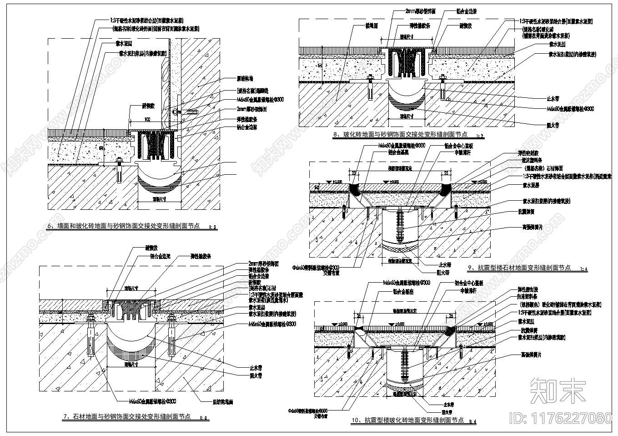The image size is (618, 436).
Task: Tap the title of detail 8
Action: (400, 135)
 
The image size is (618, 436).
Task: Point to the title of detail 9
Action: (519, 268)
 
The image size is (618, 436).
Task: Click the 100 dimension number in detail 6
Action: (147, 119)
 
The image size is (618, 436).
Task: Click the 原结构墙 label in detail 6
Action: (244, 79)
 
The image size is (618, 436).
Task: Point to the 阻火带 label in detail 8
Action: (553, 125)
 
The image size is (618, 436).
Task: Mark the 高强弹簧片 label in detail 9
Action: (533, 227)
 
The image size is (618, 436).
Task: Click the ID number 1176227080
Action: (562, 417)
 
